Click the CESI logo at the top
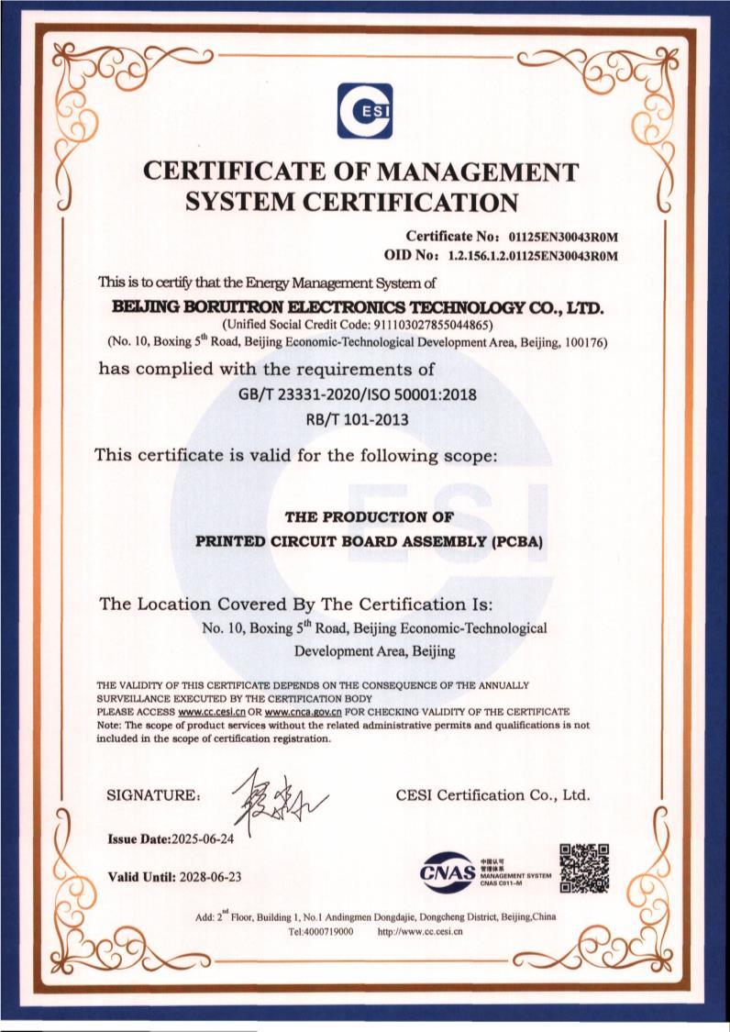[364, 111]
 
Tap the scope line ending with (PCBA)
[371, 541]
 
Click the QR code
[584, 868]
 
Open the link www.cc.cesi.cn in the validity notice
[215, 711]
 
